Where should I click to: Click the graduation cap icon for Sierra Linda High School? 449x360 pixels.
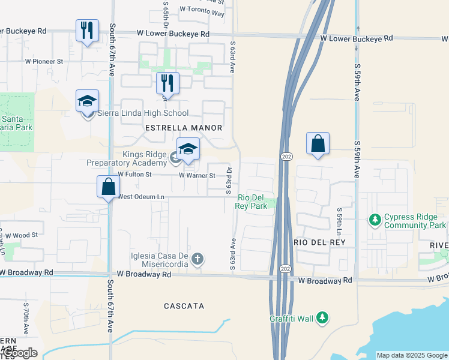pyautogui.click(x=87, y=101)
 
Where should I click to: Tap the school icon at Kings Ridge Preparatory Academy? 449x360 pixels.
pyautogui.click(x=188, y=150)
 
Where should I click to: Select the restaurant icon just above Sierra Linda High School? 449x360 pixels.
pyautogui.click(x=167, y=83)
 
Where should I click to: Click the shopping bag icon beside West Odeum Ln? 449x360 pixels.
pyautogui.click(x=108, y=187)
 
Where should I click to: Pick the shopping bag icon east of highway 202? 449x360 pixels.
pyautogui.click(x=318, y=144)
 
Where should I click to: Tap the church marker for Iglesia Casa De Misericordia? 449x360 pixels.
pyautogui.click(x=197, y=259)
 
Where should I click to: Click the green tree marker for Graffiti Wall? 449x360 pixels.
pyautogui.click(x=322, y=317)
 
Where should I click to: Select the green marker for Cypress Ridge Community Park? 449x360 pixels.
pyautogui.click(x=375, y=220)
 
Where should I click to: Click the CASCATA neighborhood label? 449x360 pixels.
pyautogui.click(x=184, y=306)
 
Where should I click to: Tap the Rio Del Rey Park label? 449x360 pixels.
pyautogui.click(x=251, y=202)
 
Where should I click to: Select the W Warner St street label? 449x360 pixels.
pyautogui.click(x=197, y=176)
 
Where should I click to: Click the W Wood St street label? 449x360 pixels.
pyautogui.click(x=22, y=235)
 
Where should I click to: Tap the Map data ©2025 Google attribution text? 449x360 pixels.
pyautogui.click(x=412, y=355)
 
